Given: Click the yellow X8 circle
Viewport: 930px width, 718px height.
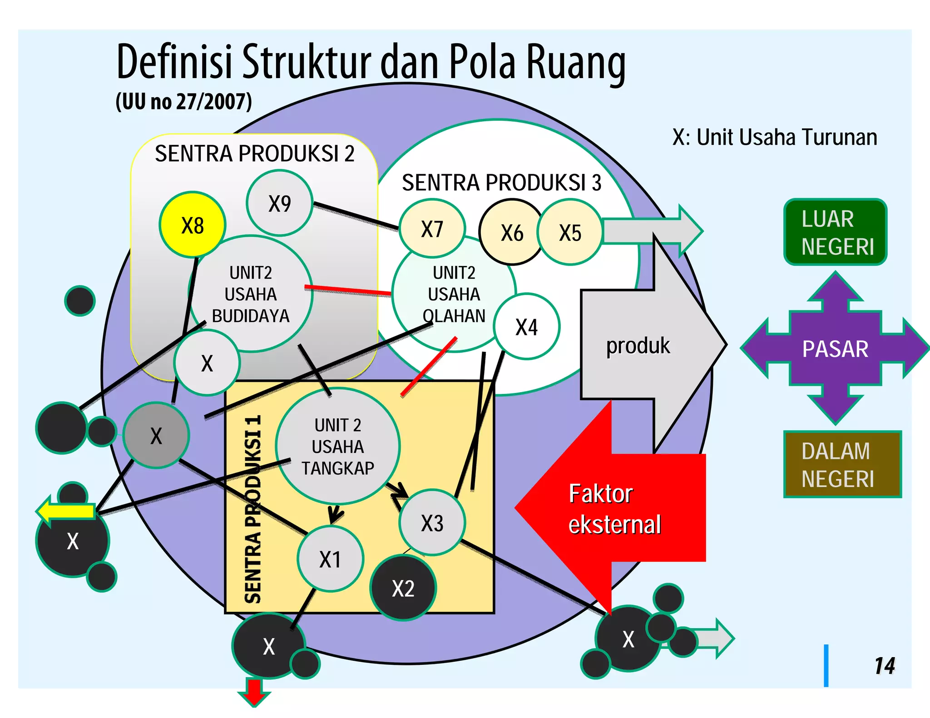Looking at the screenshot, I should (x=193, y=225).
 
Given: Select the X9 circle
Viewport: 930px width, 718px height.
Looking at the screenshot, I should (x=279, y=203).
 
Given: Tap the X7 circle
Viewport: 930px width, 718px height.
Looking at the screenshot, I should (x=432, y=229).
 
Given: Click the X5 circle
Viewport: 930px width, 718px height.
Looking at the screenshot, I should (x=570, y=232).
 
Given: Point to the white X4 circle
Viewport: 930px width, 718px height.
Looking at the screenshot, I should (x=527, y=327).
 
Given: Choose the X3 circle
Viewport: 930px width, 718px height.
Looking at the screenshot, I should (x=432, y=523).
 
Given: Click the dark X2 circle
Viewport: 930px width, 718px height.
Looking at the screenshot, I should (x=403, y=588).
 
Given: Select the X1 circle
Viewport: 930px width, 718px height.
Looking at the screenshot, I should (x=330, y=559).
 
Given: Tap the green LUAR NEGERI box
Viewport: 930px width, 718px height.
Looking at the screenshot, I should (x=836, y=232).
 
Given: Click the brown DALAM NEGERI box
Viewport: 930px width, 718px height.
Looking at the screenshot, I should (x=842, y=465).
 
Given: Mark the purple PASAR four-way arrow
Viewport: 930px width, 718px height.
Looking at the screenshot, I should (x=835, y=349).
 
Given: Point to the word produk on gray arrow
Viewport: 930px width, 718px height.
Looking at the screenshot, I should (x=638, y=346).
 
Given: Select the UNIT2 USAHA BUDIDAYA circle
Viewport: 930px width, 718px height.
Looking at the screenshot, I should (x=251, y=294).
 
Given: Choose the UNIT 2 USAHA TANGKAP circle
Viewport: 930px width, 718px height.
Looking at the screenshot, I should (x=338, y=447).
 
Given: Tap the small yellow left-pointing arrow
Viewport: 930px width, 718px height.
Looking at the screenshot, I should (x=66, y=511).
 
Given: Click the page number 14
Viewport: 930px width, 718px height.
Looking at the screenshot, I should (x=885, y=666).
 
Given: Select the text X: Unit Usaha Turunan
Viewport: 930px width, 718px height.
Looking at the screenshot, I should (x=775, y=137).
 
